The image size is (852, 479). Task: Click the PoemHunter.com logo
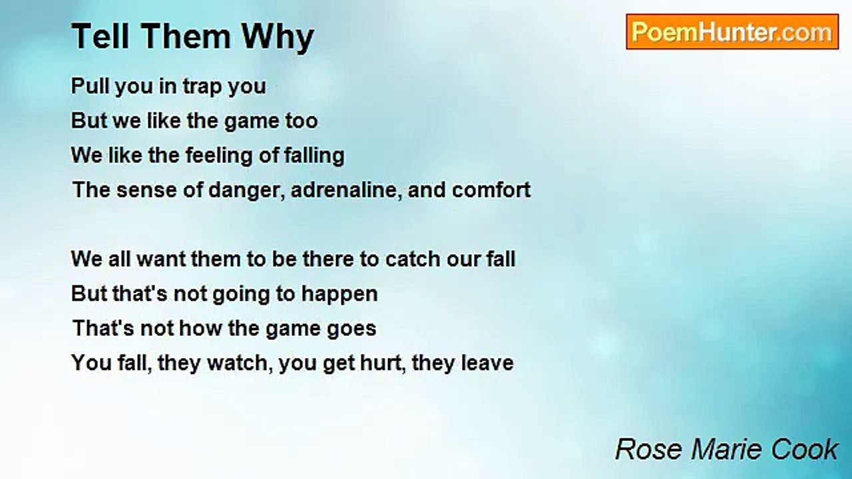click(732, 32)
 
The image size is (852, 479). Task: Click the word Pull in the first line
click(90, 86)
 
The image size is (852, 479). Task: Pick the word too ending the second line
click(302, 121)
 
